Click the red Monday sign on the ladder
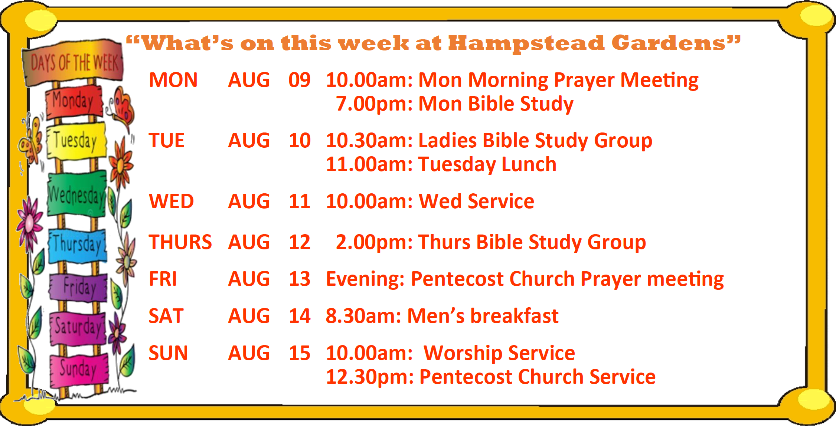[x=74, y=101]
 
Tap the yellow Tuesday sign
[x=76, y=142]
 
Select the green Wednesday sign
[x=77, y=194]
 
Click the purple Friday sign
[x=78, y=287]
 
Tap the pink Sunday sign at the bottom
[x=79, y=370]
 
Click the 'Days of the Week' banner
[x=73, y=63]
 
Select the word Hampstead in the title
[x=526, y=44]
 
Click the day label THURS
[x=180, y=242]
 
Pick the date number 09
[x=300, y=80]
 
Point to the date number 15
[x=300, y=353]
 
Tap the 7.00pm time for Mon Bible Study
[x=374, y=104]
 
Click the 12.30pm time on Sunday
[x=370, y=377]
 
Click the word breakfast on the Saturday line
[x=514, y=316]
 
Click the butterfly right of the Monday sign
[x=121, y=106]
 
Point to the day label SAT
[x=166, y=316]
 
